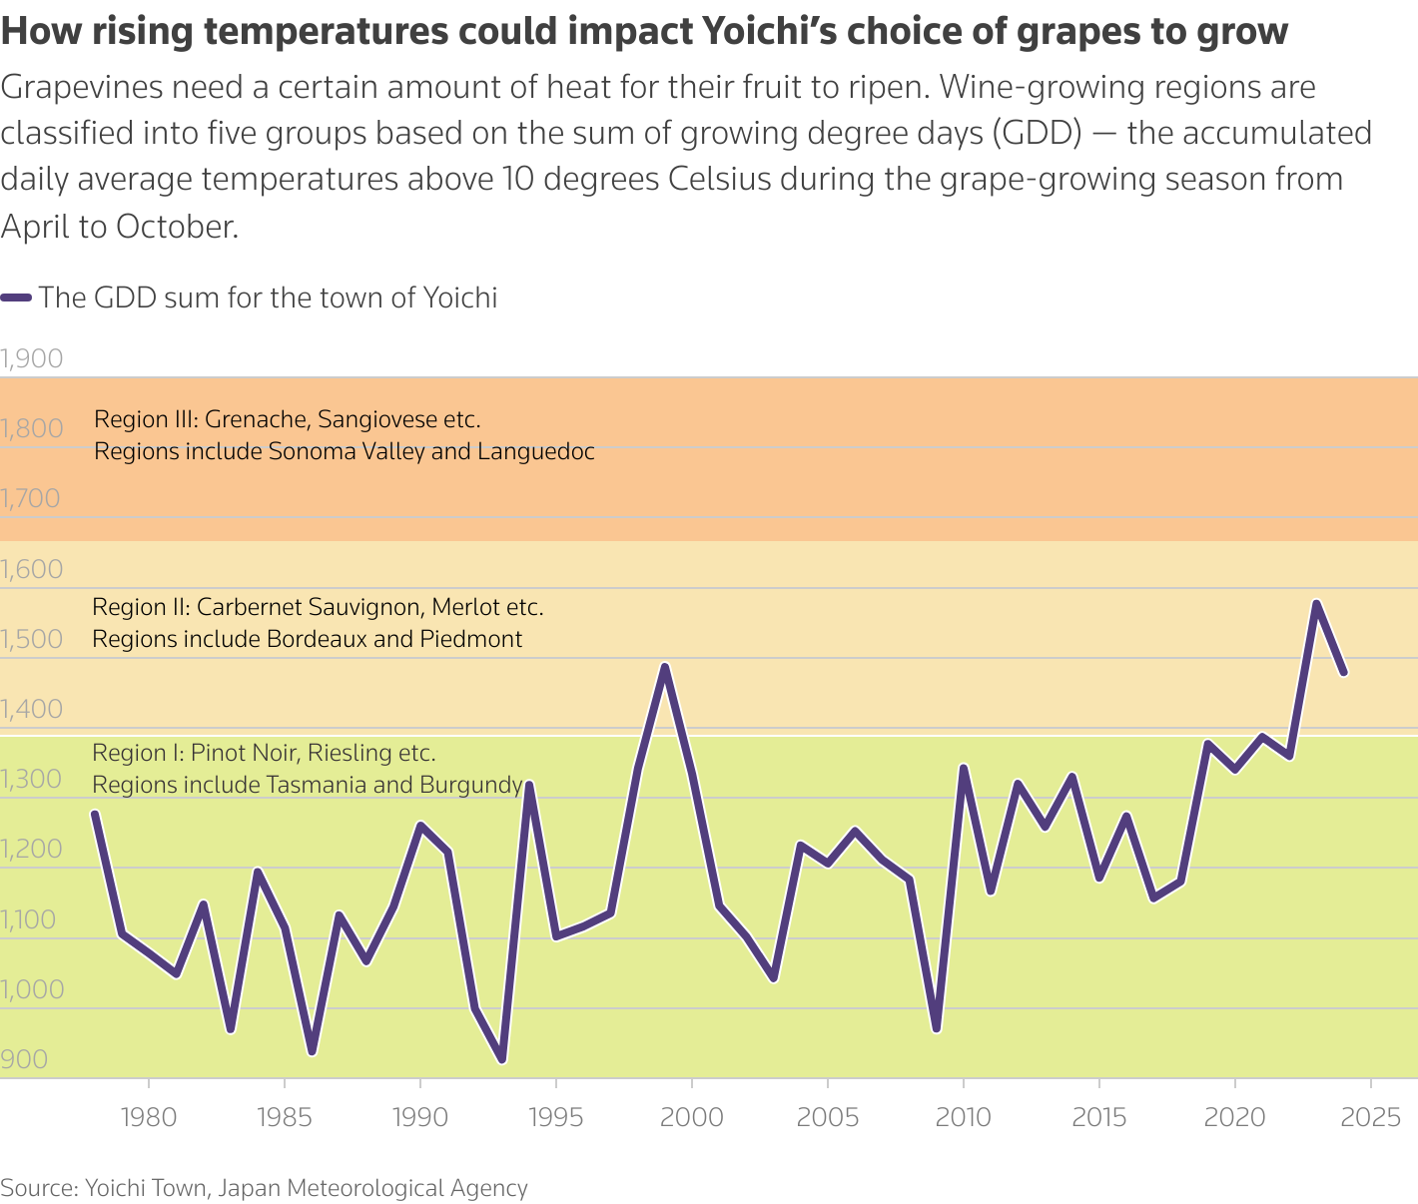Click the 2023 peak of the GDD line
1316,603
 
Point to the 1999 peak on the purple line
665,666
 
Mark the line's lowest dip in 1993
502,1060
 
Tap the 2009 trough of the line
936,1029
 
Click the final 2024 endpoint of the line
1344,673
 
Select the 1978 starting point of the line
95,813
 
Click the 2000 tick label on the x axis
692,1117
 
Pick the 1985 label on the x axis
285,1117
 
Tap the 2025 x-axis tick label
1371,1117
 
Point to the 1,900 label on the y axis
32,358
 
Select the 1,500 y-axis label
32,639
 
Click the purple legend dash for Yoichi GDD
16,298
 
